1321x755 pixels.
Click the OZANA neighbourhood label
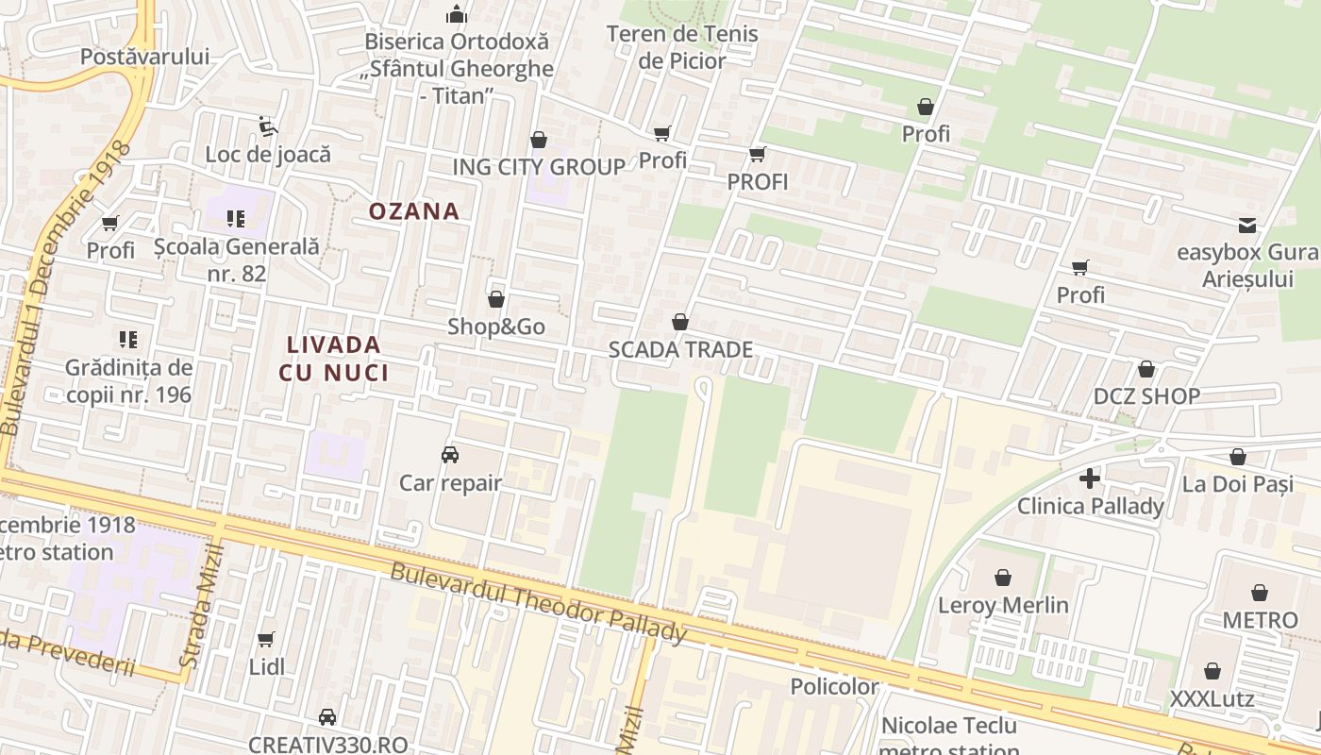tap(414, 211)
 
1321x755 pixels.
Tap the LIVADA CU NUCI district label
tap(334, 359)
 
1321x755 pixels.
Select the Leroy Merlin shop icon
tap(1003, 577)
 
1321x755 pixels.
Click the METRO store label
tap(1260, 620)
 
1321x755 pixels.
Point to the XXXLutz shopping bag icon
tap(1212, 671)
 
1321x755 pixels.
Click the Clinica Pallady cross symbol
tap(1090, 478)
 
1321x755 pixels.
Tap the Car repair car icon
tap(450, 455)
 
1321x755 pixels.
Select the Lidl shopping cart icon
tap(266, 640)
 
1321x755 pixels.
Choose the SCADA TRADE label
tap(680, 350)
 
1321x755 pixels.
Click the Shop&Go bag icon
tap(496, 300)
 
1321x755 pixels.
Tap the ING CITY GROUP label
tap(539, 167)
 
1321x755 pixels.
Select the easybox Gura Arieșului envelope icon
tap(1247, 225)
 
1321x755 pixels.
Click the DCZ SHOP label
tap(1146, 396)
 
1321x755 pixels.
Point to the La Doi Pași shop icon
tap(1238, 458)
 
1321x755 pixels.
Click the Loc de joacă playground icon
tap(268, 126)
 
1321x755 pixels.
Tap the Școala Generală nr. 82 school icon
tap(236, 220)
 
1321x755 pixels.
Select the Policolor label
tap(834, 686)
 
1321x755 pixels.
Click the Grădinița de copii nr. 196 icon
tap(128, 339)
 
